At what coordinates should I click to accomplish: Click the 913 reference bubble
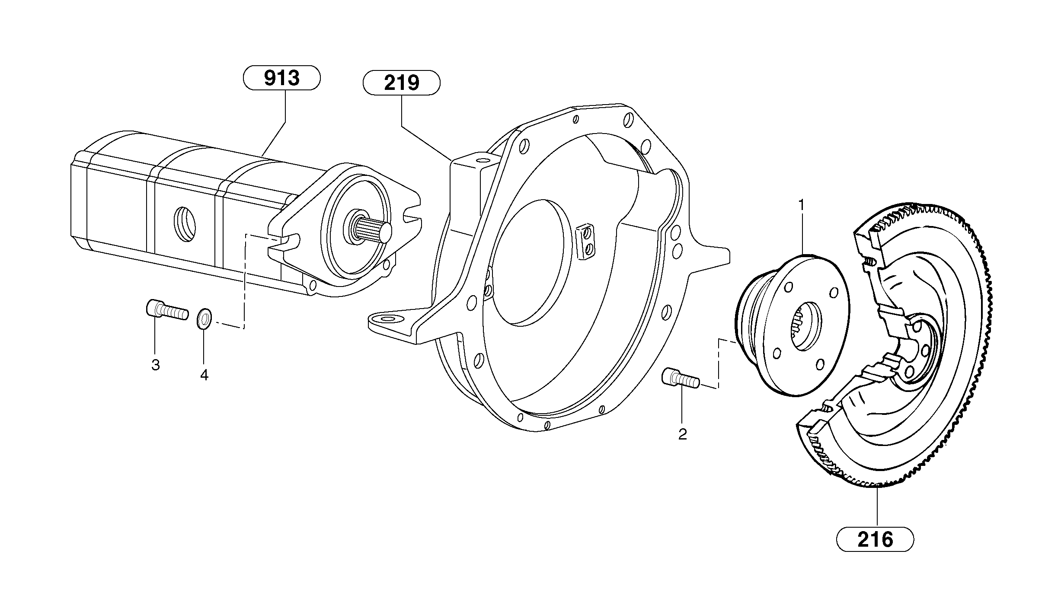point(282,78)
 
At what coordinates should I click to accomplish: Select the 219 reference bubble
point(401,83)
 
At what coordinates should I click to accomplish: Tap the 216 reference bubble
point(875,539)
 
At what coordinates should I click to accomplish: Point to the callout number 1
point(801,204)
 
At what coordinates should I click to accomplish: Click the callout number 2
point(682,434)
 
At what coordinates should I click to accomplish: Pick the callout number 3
point(155,365)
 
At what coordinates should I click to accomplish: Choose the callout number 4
point(204,375)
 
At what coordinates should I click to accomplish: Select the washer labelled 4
point(204,319)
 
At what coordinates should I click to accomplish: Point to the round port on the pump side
point(185,224)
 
